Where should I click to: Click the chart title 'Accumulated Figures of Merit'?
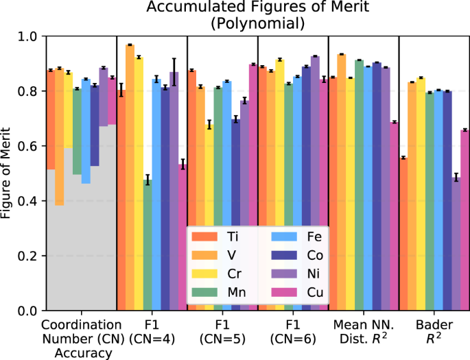(x=257, y=9)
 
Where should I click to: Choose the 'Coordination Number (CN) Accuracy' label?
(x=82, y=339)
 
